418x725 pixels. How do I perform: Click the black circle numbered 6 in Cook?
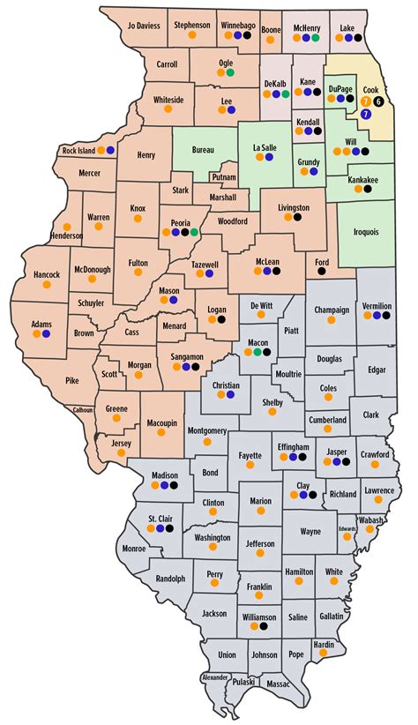[x=378, y=102]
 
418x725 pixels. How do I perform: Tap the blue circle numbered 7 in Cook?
[x=366, y=114]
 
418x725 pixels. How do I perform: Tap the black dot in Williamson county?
[x=264, y=626]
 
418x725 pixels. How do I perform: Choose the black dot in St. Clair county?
[x=169, y=529]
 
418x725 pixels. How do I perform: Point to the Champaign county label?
[x=332, y=310]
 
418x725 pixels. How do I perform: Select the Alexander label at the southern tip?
[x=214, y=676]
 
